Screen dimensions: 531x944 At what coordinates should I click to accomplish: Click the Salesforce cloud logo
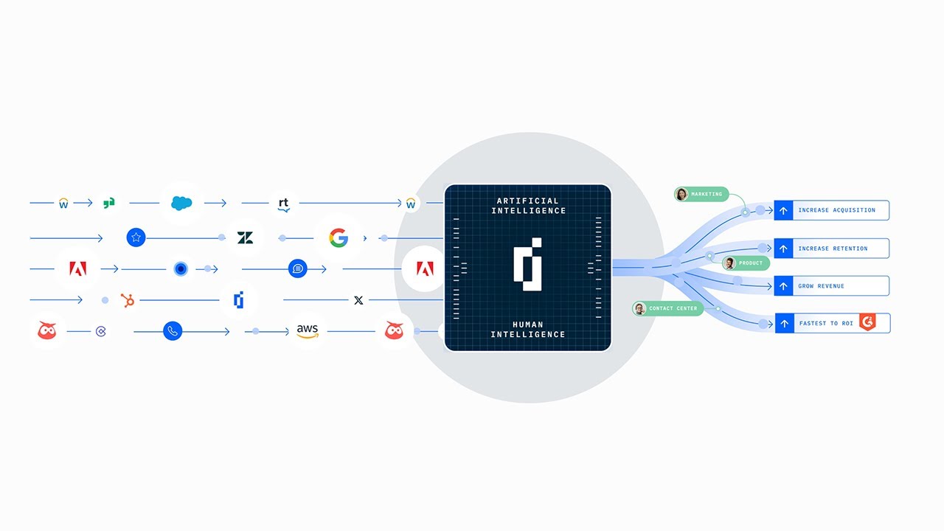[181, 203]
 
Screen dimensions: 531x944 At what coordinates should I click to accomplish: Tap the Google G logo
[339, 237]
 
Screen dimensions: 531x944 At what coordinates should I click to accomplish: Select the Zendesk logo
[246, 237]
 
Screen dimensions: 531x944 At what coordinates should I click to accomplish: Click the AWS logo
[307, 331]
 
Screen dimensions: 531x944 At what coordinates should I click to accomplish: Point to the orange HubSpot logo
[128, 300]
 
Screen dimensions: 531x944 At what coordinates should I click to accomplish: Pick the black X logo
[358, 300]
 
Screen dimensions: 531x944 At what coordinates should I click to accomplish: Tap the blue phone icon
[173, 331]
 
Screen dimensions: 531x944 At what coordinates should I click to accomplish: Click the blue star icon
[136, 237]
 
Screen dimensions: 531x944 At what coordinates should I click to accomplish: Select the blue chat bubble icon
[298, 268]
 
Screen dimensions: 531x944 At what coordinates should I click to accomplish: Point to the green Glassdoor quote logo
[109, 203]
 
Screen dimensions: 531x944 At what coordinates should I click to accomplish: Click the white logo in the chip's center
[527, 264]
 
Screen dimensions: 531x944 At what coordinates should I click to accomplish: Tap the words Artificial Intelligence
[527, 206]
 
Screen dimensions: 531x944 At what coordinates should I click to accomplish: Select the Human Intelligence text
[527, 329]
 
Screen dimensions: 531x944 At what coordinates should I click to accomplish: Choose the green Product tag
[746, 263]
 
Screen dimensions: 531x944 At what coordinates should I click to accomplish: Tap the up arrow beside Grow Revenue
[783, 286]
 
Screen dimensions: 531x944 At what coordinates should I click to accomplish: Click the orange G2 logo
[867, 322]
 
